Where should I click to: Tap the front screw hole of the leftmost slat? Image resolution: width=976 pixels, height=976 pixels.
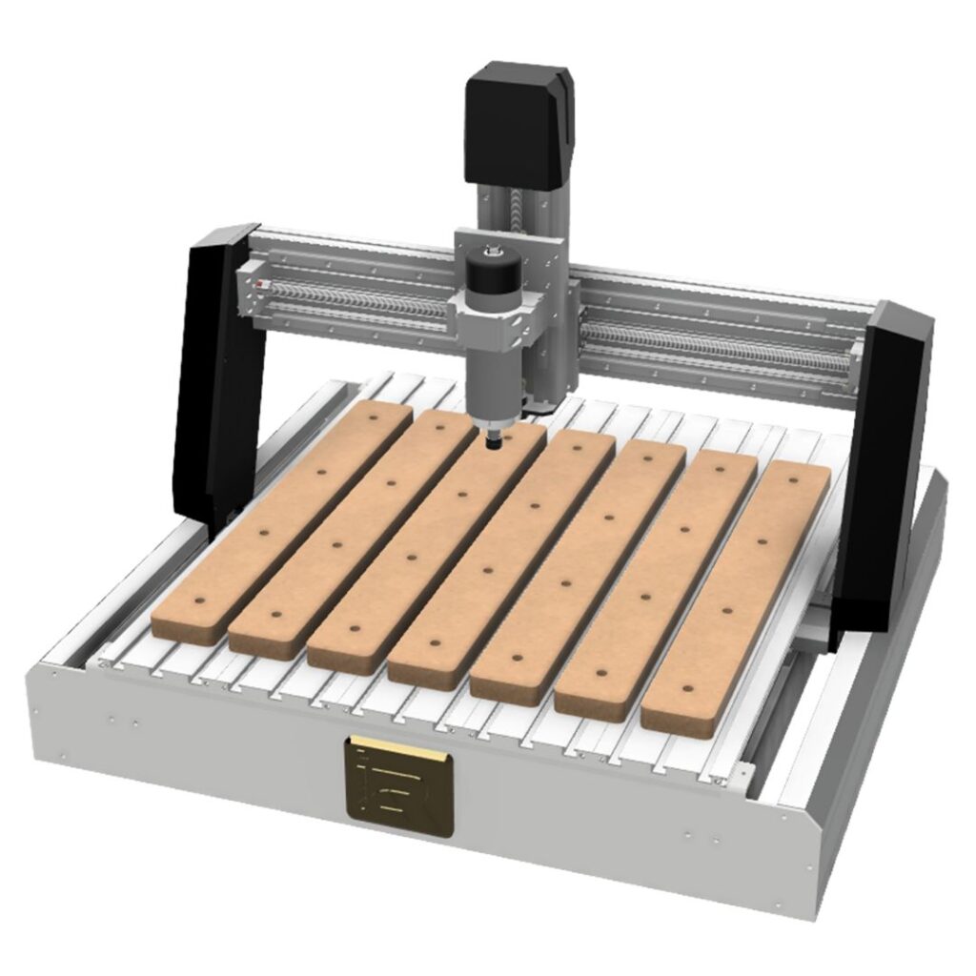pos(200,601)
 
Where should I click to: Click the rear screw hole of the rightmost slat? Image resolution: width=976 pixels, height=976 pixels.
pos(795,483)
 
